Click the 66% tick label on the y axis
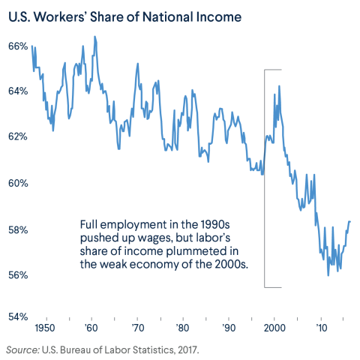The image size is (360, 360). point(18,46)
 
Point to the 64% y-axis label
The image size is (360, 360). point(18,91)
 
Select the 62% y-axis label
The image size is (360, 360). point(18,137)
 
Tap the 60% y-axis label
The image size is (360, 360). point(18,184)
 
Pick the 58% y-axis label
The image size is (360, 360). point(18,229)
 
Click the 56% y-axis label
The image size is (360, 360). point(18,275)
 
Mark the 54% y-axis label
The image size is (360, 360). point(18,316)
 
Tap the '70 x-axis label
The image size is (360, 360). point(137,328)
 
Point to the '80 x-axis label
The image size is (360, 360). point(183,328)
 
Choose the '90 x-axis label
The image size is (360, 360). point(229,328)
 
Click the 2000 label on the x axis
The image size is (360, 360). point(275,328)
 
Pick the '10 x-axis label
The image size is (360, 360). point(321,328)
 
